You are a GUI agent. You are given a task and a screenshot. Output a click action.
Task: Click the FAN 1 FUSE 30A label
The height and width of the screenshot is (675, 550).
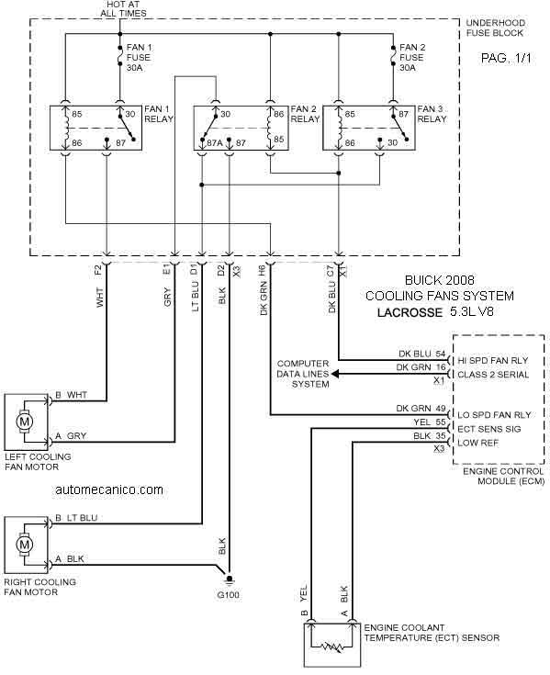pyautogui.click(x=139, y=57)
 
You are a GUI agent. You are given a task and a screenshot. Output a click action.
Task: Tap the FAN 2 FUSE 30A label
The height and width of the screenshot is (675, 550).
pyautogui.click(x=411, y=57)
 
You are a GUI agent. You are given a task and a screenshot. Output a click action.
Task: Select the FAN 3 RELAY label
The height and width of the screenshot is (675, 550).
pyautogui.click(x=432, y=114)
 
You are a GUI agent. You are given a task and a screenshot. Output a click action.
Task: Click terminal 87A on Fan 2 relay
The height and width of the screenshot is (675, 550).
pyautogui.click(x=214, y=142)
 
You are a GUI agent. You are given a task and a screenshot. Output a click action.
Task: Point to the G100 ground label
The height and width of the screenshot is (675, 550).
pyautogui.click(x=228, y=595)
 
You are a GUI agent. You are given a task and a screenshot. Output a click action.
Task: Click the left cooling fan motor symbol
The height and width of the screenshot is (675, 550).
pyautogui.click(x=24, y=421)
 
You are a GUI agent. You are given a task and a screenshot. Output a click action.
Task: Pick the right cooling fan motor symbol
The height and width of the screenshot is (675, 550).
pyautogui.click(x=24, y=545)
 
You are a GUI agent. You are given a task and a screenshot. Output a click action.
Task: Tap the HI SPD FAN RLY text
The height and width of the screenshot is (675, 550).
pyautogui.click(x=492, y=361)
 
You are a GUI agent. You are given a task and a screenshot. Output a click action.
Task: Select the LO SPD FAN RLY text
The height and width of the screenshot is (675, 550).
pyautogui.click(x=494, y=415)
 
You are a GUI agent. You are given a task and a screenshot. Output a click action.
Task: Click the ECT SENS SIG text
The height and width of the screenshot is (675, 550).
pyautogui.click(x=488, y=429)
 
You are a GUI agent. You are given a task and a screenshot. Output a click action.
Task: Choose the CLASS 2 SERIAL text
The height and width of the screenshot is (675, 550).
pyautogui.click(x=493, y=375)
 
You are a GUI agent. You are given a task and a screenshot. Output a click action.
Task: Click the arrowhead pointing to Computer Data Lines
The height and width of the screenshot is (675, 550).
pyautogui.click(x=334, y=374)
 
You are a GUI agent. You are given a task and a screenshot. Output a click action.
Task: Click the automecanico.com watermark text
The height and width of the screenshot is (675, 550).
pyautogui.click(x=109, y=489)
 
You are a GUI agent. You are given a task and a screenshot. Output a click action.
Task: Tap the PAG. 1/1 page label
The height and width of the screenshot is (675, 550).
pyautogui.click(x=506, y=59)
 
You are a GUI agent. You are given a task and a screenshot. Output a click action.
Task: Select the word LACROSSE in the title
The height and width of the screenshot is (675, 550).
pyautogui.click(x=410, y=312)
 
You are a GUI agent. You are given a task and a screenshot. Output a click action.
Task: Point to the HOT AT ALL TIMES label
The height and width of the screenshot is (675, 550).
pyautogui.click(x=123, y=8)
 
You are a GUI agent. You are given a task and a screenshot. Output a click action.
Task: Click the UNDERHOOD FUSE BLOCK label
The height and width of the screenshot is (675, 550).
pyautogui.click(x=495, y=28)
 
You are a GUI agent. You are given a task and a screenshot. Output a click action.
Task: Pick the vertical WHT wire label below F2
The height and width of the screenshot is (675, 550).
pyautogui.click(x=100, y=297)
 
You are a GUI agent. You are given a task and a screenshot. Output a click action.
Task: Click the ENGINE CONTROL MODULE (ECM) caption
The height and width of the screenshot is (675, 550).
pyautogui.click(x=503, y=476)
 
